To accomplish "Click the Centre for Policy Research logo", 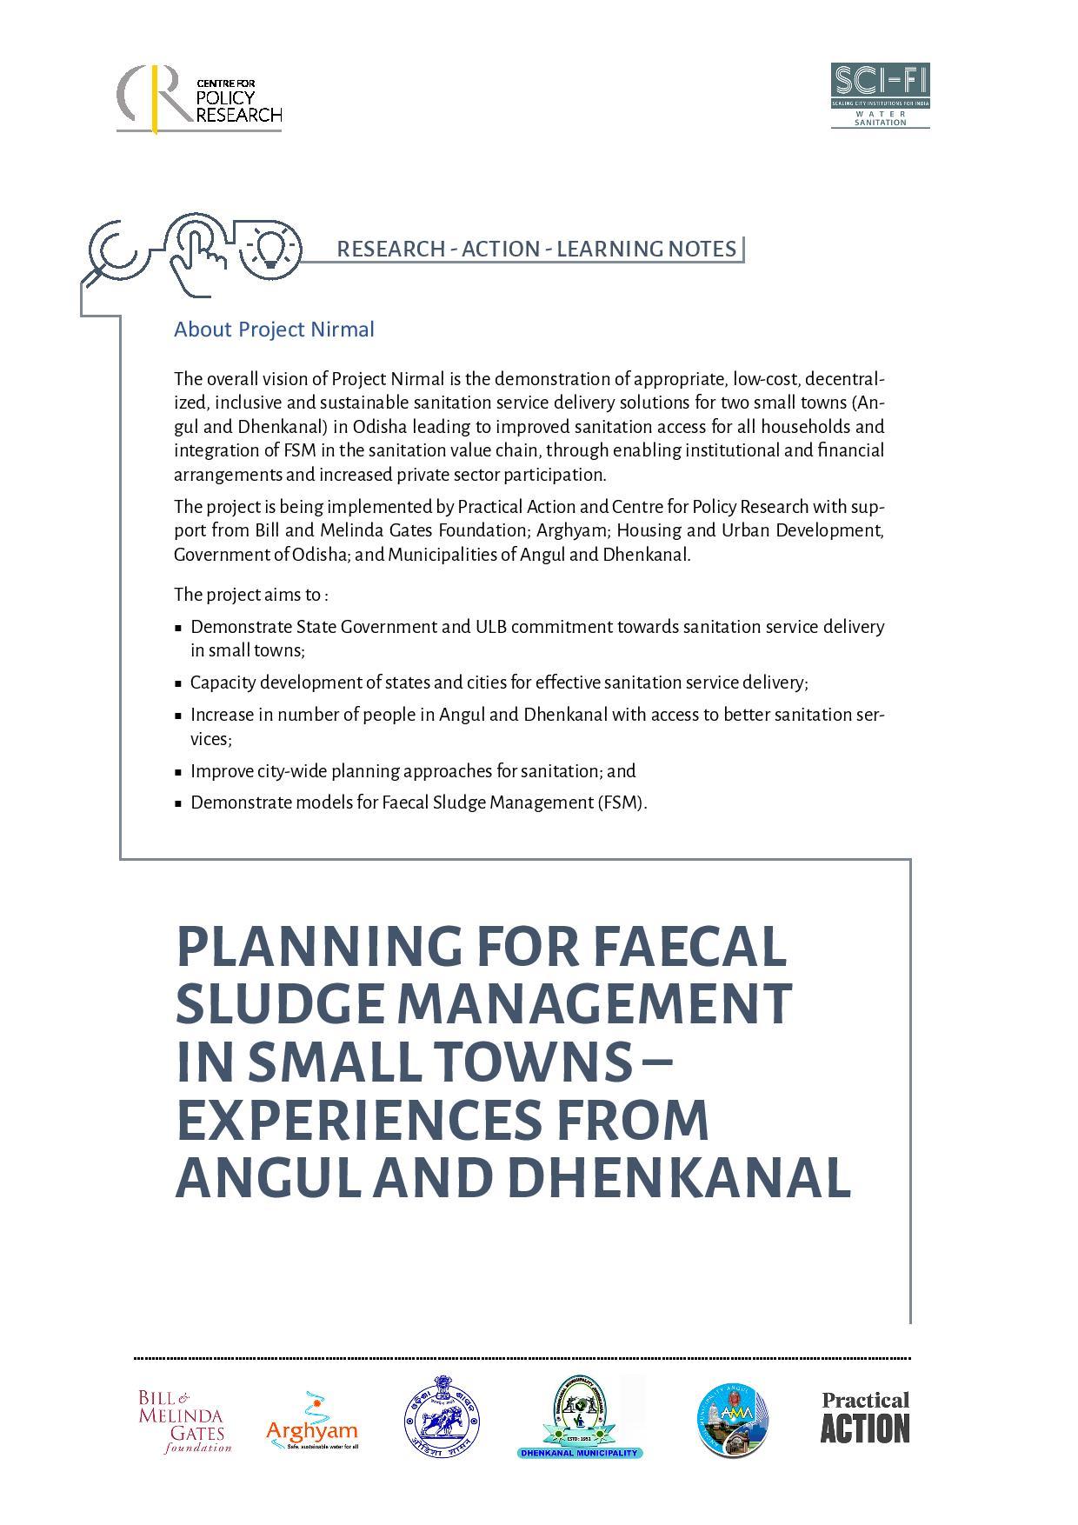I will [x=199, y=98].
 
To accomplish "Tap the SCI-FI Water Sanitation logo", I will [x=880, y=95].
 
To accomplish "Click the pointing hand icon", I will [x=196, y=252].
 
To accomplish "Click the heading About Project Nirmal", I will [x=274, y=330].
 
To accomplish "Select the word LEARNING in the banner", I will [x=608, y=249].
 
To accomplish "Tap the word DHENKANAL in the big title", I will [x=678, y=1178].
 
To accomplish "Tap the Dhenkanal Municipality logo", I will [x=580, y=1417].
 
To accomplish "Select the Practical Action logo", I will [x=865, y=1417].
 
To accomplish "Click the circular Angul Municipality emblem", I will [x=732, y=1420].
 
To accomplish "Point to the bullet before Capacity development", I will [x=178, y=683].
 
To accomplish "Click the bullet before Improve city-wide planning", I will [x=178, y=772].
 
